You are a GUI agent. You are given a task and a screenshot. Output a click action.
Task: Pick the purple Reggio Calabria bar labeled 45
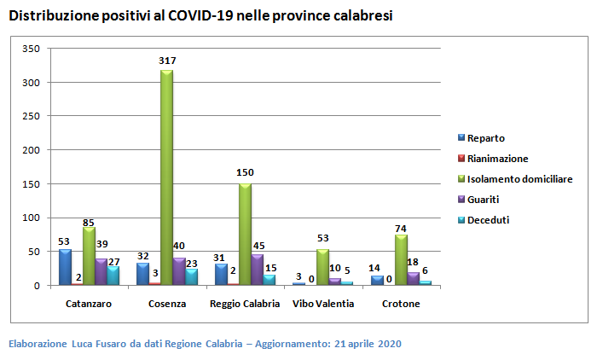tap(258, 269)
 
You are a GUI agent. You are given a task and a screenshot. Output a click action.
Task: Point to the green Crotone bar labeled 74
tap(401, 259)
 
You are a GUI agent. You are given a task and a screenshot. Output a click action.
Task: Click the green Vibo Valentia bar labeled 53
tap(322, 266)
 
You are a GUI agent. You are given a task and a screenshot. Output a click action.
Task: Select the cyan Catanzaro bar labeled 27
tap(113, 275)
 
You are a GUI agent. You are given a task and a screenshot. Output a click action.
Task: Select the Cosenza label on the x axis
tap(167, 304)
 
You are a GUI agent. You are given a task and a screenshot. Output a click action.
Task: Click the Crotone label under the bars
tap(400, 304)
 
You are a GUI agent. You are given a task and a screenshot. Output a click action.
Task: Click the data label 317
tap(167, 61)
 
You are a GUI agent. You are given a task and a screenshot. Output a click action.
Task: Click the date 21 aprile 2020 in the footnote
tap(368, 344)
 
